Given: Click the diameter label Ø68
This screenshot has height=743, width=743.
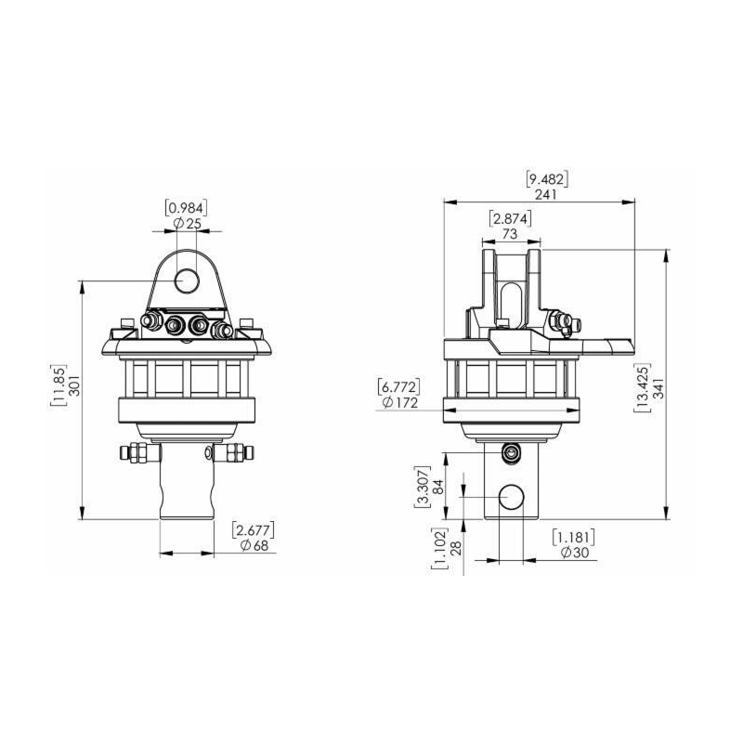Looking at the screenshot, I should coord(253,546).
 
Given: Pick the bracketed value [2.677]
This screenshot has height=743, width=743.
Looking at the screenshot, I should coord(253,529).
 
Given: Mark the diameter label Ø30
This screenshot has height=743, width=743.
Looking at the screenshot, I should coord(574,554).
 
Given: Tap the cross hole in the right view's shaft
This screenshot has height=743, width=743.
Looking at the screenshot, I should coord(511,499).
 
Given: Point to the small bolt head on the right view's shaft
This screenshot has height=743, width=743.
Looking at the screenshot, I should coord(510,451).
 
